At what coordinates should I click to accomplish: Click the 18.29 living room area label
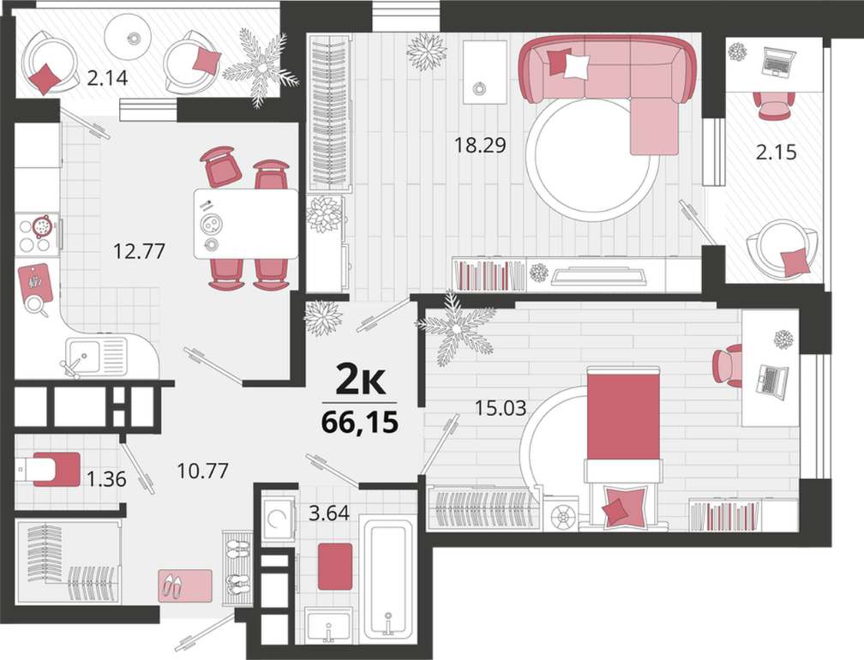coord(480,146)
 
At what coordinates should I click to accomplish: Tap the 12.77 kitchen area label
coord(139,251)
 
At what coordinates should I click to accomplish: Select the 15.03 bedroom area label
coord(501,408)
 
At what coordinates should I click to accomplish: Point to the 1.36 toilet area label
coord(106,479)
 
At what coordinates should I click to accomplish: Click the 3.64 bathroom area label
coord(329,513)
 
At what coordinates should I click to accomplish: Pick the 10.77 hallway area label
coord(202,471)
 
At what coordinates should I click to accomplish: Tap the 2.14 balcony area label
coord(107,78)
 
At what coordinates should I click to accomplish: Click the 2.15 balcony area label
coord(776,152)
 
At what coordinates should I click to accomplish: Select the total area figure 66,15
coord(359,423)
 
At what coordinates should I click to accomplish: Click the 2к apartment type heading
coord(360,381)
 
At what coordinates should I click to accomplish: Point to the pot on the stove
coord(42,225)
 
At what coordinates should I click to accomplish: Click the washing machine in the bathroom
coord(279,518)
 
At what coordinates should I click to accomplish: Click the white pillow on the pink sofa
coord(577,65)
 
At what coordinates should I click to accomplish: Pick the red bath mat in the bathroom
coord(335,567)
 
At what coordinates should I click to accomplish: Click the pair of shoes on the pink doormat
coord(173,587)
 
